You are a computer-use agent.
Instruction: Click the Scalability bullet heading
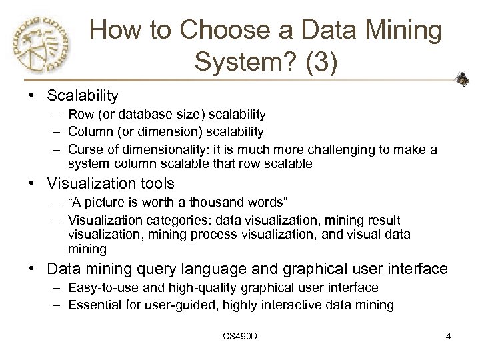click(83, 96)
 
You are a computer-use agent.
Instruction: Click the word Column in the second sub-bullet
click(89, 131)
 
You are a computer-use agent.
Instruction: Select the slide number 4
click(449, 337)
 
